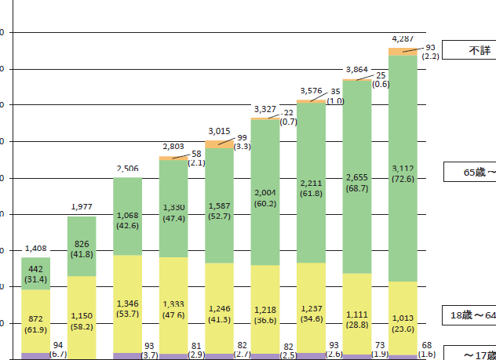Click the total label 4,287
coord(403,38)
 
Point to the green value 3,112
coord(403,167)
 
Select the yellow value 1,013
coord(403,318)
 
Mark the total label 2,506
coord(127,168)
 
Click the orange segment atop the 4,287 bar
coord(403,52)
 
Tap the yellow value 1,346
coord(127,304)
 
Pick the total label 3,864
coord(357,70)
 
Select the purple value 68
coord(426,345)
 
